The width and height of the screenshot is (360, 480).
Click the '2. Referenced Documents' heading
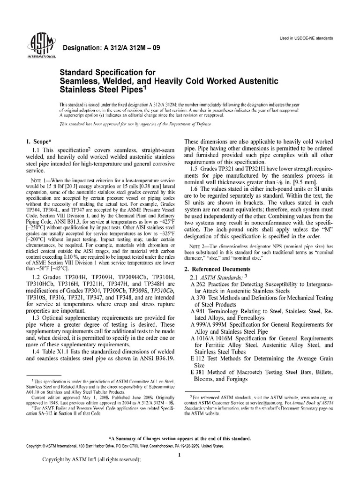218,269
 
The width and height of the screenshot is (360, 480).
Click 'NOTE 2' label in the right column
199,246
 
